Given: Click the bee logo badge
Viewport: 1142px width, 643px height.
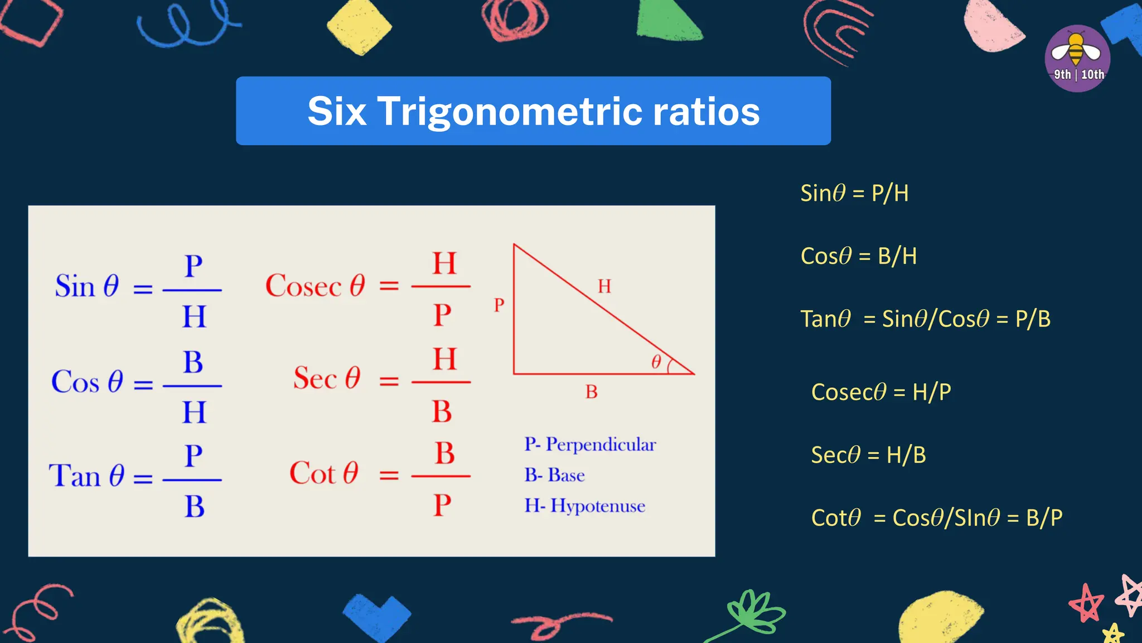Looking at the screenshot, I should point(1077,58).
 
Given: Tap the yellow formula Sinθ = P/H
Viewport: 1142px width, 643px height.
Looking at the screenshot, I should point(854,193).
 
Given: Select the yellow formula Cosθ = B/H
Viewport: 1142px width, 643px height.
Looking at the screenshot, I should point(858,256).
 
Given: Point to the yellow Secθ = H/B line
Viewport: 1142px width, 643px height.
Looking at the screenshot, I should point(868,455).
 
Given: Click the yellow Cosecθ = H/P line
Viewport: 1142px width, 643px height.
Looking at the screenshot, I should point(880,392).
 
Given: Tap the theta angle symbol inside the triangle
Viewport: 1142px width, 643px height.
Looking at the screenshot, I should point(656,362).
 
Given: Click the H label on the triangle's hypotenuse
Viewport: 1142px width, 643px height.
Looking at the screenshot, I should point(604,286).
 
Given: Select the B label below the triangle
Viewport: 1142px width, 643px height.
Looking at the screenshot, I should point(591,392).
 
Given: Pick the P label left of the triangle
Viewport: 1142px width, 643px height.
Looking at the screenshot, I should point(499,305).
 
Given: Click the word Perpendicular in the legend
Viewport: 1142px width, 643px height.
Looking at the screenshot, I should point(601,444).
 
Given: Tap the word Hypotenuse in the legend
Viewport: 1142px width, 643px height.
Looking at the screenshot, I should point(598,506).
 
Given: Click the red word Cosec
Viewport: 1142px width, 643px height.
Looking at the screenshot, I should point(303,286).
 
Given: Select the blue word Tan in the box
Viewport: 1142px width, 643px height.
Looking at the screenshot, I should point(75,476).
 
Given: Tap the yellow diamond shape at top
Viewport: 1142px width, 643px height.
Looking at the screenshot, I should point(359,27).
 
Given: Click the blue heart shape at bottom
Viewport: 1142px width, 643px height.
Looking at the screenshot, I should point(376,615).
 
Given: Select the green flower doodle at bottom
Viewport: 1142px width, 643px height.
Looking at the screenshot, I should point(753,614).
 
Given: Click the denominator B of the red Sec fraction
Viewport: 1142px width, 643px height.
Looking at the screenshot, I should point(442,411).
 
